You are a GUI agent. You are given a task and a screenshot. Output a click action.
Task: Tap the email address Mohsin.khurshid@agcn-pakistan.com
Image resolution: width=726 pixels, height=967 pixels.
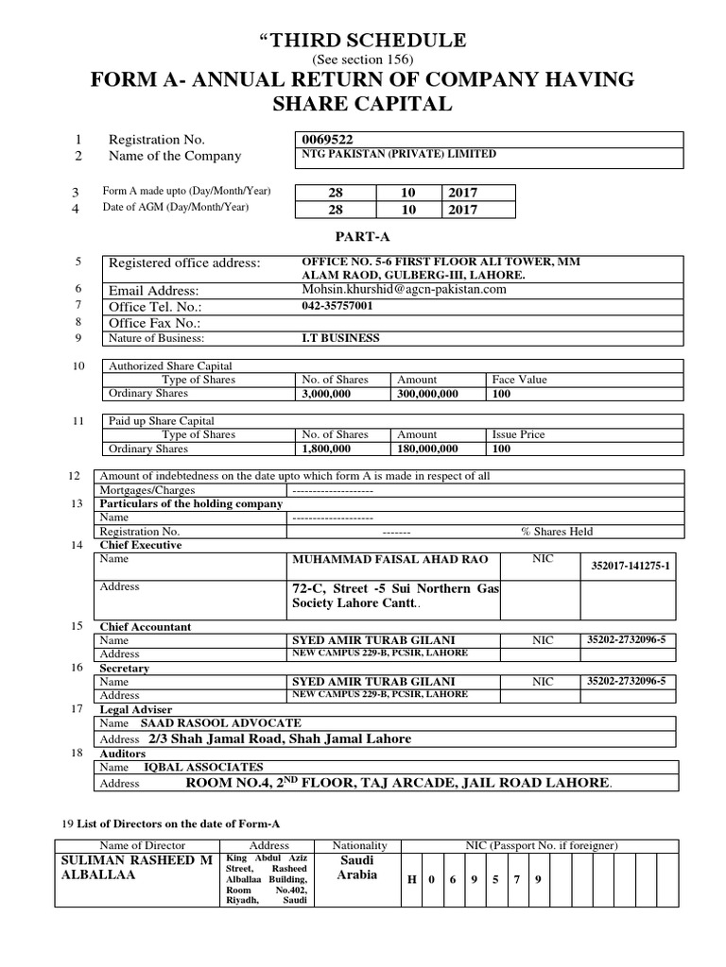[x=405, y=289]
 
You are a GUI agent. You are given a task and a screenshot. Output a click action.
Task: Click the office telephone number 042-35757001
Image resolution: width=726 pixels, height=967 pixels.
[x=337, y=307]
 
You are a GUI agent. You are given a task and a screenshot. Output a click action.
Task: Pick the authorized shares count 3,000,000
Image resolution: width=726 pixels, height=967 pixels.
[x=326, y=394]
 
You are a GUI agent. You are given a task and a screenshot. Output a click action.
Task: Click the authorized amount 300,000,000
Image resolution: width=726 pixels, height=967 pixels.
[x=428, y=394]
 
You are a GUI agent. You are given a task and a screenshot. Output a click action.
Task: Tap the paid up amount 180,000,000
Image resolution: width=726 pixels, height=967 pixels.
[x=428, y=449]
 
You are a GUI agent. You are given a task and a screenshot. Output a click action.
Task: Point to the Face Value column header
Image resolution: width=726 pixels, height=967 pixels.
[x=519, y=380]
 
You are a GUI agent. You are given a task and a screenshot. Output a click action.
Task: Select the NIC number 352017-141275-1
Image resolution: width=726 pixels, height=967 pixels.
[x=629, y=565]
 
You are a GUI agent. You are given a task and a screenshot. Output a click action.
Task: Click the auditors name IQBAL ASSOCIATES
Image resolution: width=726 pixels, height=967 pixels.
[x=202, y=768]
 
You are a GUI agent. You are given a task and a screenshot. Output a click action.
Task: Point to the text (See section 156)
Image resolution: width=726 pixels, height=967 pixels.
[x=363, y=60]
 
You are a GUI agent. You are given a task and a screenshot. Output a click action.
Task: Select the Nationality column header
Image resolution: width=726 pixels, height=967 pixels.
[x=360, y=845]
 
